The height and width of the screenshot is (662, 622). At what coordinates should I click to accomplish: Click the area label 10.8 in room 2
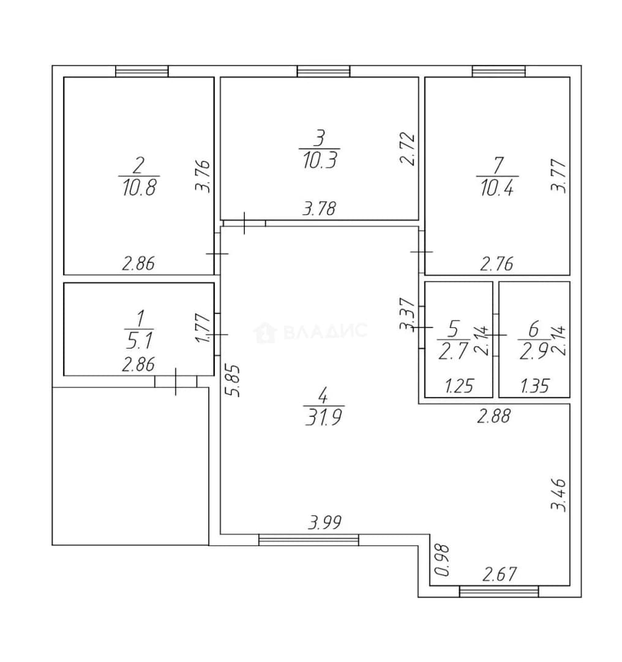[139, 187]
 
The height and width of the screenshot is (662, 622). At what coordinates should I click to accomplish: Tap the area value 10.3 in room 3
[320, 161]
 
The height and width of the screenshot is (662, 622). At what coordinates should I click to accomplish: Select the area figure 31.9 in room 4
[323, 417]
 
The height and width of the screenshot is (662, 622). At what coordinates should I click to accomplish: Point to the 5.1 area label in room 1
[139, 340]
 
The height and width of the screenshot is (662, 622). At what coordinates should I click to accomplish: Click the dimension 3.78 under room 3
[319, 209]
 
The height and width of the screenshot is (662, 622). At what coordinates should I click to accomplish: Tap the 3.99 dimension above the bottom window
[324, 523]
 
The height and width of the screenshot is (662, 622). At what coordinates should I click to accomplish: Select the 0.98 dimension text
[443, 560]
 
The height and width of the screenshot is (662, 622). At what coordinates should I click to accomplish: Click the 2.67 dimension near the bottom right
[500, 574]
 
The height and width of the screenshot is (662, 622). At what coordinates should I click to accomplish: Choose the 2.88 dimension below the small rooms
[494, 416]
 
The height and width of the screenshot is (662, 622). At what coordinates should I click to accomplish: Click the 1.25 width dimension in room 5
[459, 386]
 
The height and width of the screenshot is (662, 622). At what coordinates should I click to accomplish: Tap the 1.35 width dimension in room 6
[534, 386]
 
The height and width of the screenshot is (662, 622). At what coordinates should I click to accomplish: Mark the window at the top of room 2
[142, 71]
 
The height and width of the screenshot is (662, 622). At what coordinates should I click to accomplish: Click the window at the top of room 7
[499, 71]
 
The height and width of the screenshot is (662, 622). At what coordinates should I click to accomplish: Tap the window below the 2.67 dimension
[499, 592]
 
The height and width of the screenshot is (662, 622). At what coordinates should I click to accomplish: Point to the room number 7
[498, 166]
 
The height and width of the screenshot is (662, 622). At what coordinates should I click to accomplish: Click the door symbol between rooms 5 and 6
[496, 335]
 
